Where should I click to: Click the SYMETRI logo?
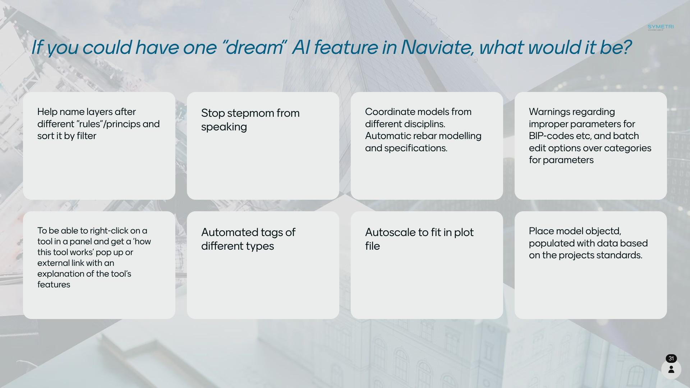point(661,27)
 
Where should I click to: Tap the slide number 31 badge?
point(671,359)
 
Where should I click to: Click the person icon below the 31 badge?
point(671,369)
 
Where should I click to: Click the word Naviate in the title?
point(437,47)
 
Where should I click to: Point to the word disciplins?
point(425,124)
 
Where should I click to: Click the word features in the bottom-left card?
point(54,285)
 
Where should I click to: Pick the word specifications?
point(416,148)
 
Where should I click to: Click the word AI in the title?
point(301,47)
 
